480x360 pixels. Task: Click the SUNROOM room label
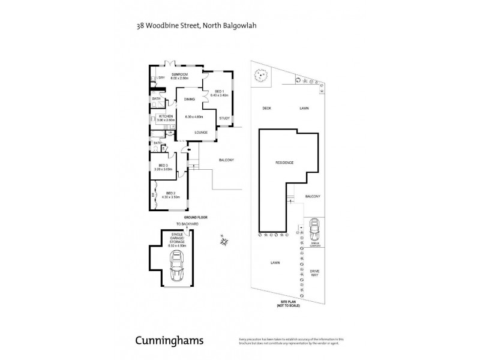[179, 74]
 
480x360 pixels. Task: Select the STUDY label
[224, 118]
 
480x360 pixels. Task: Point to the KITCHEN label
[166, 116]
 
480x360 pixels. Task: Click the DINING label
[190, 99]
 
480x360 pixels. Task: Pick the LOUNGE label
[201, 132]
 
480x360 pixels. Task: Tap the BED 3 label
[163, 165]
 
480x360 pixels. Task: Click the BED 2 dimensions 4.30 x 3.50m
[170, 197]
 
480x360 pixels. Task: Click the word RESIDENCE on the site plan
[284, 163]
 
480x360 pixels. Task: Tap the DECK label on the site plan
[267, 109]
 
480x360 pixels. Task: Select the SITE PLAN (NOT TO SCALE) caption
[285, 304]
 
